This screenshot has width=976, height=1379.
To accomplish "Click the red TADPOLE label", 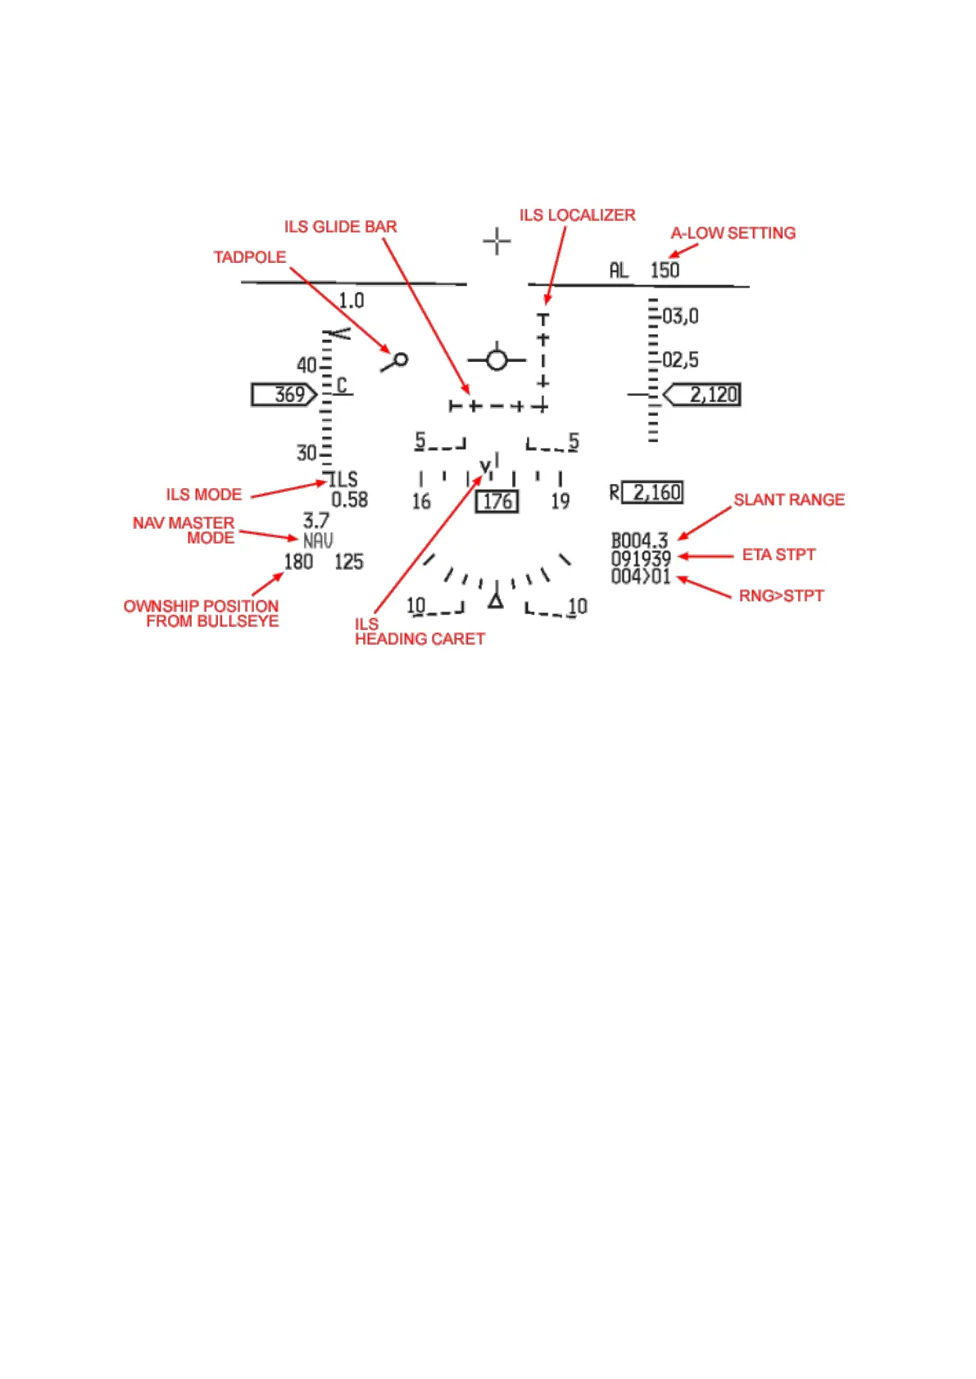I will coord(250,257).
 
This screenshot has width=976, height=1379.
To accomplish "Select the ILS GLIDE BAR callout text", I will coord(340,227).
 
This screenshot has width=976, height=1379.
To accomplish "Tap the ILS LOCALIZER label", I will coord(577,215).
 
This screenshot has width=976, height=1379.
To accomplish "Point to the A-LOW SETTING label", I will coord(733,233).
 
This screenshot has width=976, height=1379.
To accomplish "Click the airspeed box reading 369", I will coord(284,395).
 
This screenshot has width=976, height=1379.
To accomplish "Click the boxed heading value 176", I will coord(497,501).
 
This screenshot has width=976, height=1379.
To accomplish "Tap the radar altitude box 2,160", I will coord(652,492).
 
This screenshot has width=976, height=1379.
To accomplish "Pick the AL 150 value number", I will coord(665,270).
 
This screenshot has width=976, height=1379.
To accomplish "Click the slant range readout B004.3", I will coord(639,540).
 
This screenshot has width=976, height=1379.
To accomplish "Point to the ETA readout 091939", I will coord(641,558).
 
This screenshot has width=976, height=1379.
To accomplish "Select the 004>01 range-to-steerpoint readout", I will coord(641,576).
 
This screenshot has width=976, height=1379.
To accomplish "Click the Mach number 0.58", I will coord(349,500).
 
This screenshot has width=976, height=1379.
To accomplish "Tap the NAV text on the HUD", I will coord(318,540).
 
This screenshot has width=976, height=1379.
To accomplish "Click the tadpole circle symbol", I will coord(401,359).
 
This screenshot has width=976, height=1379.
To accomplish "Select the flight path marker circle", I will coord(497,359).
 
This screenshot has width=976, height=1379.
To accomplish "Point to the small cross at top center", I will coord(497,242).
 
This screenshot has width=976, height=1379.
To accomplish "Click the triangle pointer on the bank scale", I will coord(495,600).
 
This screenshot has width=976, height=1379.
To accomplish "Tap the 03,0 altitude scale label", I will coord(680,316).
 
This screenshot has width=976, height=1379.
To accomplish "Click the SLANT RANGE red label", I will coord(788,500).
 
